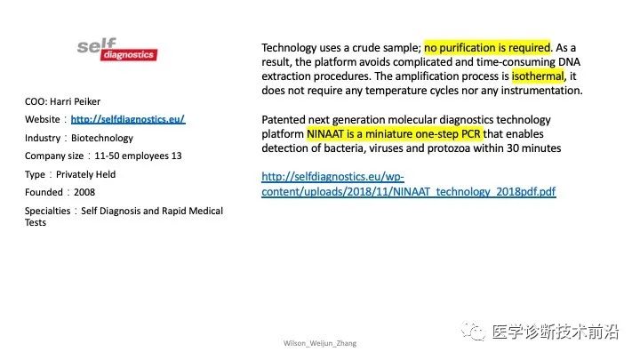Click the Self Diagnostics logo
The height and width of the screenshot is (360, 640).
pyautogui.click(x=117, y=50)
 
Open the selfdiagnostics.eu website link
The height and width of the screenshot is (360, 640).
pyautogui.click(x=128, y=119)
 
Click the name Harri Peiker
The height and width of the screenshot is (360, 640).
pyautogui.click(x=76, y=101)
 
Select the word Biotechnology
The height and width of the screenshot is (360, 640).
pyautogui.click(x=102, y=138)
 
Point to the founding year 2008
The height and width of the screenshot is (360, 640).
pyautogui.click(x=84, y=192)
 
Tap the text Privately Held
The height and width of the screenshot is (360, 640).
pyautogui.click(x=85, y=174)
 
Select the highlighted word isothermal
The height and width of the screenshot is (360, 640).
pyautogui.click(x=538, y=76)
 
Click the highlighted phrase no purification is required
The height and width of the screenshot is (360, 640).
pyautogui.click(x=487, y=48)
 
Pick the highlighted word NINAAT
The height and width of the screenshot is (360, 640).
pyautogui.click(x=325, y=134)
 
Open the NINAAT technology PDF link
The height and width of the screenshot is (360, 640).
pyautogui.click(x=409, y=184)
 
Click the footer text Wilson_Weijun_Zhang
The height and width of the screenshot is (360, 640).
pyautogui.click(x=320, y=343)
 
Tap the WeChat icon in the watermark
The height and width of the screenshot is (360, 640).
pyautogui.click(x=473, y=331)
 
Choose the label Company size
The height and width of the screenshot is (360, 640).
pyautogui.click(x=54, y=156)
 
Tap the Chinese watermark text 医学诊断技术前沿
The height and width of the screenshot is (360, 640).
pyautogui.click(x=555, y=332)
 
